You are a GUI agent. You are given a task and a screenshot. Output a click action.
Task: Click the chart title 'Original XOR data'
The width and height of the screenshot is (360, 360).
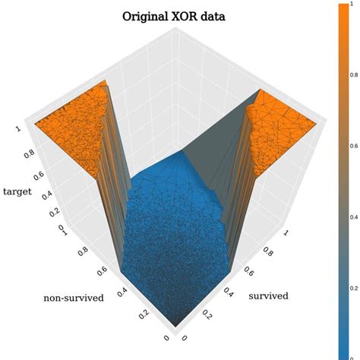pos(180,16)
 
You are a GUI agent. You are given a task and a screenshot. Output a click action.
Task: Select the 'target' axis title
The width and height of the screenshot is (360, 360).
pos(17,191)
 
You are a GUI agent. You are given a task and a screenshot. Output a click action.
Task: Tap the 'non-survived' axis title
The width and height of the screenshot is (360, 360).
pos(73,298)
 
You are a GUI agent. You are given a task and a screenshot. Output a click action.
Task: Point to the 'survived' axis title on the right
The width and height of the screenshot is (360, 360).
pos(269,295)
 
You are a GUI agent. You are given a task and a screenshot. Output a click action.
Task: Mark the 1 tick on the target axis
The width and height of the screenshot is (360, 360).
pos(17,129)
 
